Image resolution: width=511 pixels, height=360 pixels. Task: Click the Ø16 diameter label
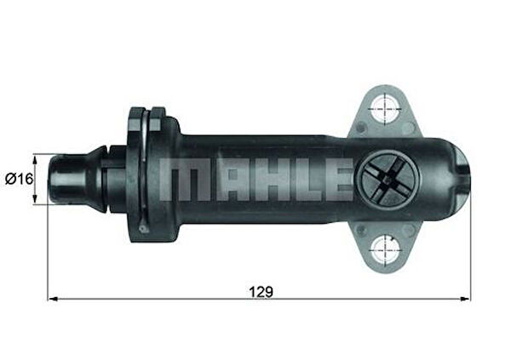point(18,179)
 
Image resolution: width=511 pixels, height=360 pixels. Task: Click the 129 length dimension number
point(261,290)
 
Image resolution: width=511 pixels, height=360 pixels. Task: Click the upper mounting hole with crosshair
point(387,109)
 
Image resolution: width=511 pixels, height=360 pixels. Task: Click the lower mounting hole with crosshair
point(387,249)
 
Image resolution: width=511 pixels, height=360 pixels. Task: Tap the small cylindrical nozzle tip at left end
point(64,179)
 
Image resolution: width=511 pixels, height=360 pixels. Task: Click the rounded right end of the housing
point(458,179)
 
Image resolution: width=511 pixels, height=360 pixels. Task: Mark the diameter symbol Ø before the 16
point(9,179)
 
